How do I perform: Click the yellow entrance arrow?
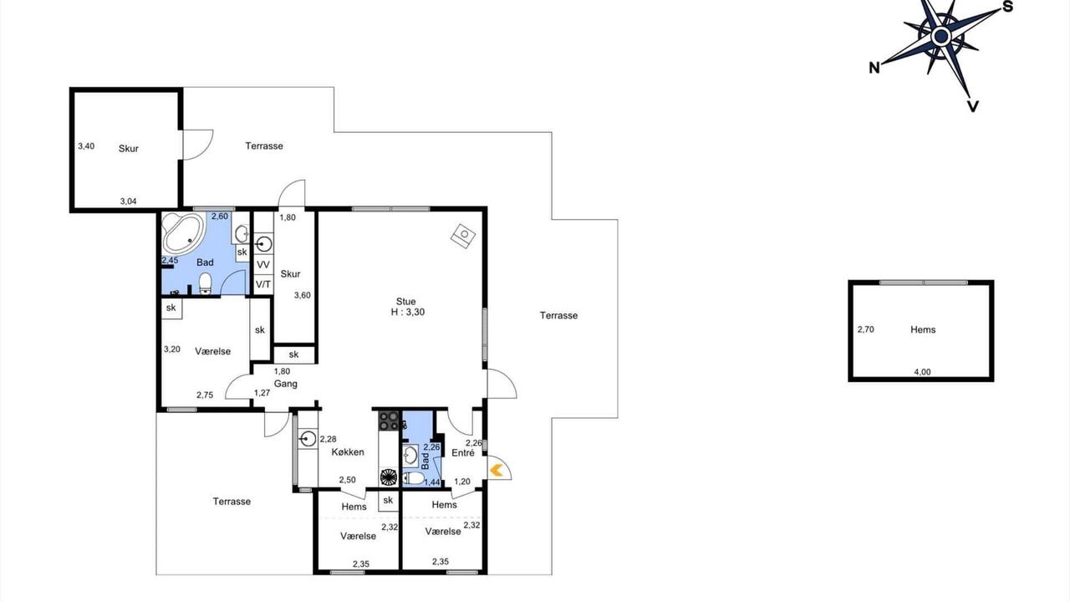497,470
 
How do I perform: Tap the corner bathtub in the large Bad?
183,233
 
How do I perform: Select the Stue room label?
405,302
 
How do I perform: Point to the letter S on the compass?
1007,7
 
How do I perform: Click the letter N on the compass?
874,69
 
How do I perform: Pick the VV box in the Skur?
263,265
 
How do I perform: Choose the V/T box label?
263,285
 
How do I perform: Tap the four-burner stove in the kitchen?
389,421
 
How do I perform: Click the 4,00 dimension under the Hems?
922,372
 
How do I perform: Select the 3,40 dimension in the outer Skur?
86,146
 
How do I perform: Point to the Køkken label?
348,452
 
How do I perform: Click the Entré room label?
463,453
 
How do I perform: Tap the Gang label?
286,384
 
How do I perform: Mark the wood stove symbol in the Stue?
463,236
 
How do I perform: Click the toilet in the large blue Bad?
205,283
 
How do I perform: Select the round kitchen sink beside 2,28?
308,438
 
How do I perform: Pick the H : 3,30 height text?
407,312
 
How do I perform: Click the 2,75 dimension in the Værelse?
205,395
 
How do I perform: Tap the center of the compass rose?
941,36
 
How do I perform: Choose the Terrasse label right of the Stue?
559,315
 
